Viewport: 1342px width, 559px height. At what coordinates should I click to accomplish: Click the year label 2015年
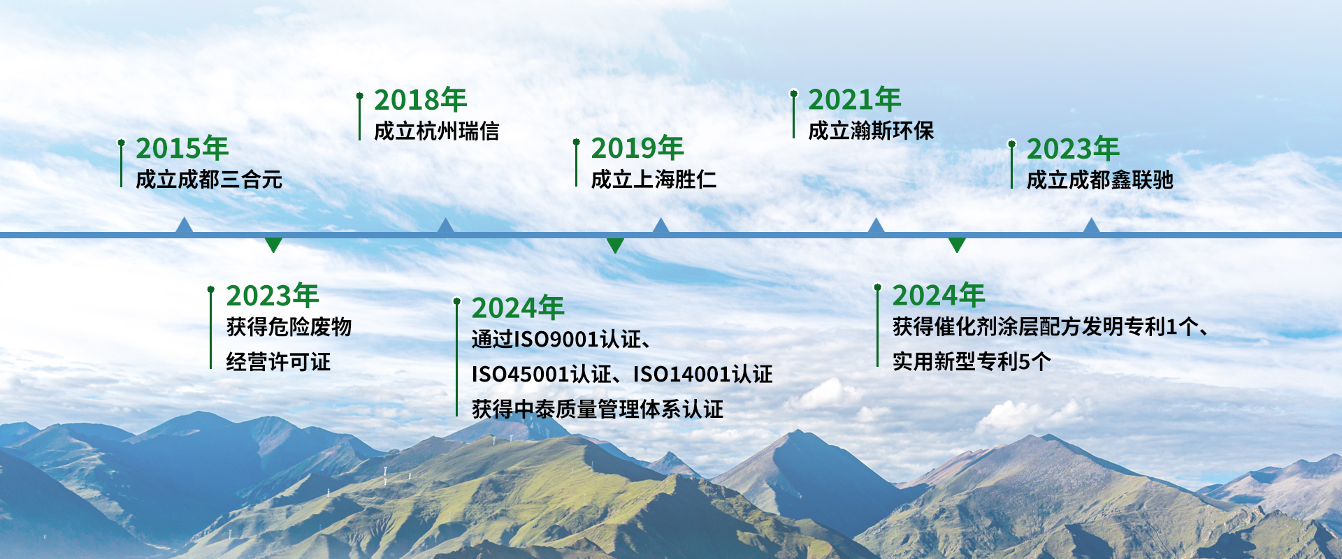(182, 148)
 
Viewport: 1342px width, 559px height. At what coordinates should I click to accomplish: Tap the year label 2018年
(421, 100)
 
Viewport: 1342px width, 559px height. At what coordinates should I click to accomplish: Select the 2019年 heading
(637, 148)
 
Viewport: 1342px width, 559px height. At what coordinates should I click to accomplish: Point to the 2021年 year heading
(855, 100)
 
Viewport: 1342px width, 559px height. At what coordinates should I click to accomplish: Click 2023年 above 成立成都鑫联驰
(1073, 149)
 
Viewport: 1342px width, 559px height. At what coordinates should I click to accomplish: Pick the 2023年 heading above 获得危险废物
(273, 296)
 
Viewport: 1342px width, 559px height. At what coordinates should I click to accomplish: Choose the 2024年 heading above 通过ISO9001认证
(518, 308)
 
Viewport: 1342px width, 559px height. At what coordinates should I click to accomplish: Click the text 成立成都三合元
(209, 180)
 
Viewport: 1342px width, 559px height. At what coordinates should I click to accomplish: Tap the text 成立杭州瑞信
(437, 131)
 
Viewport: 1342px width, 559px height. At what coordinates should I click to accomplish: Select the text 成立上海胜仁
(654, 180)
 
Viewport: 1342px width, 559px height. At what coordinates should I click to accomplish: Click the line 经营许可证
(278, 362)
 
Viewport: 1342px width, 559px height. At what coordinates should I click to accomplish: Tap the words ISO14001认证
(703, 375)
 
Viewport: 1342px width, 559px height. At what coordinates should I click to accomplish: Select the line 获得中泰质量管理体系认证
(598, 409)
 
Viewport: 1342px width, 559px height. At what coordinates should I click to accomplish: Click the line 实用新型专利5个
(972, 362)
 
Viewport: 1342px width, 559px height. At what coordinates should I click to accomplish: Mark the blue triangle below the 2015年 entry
(184, 225)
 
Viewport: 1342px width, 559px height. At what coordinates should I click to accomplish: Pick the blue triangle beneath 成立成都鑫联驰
(1091, 225)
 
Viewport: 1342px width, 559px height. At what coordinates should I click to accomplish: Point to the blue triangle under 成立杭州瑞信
(445, 225)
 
